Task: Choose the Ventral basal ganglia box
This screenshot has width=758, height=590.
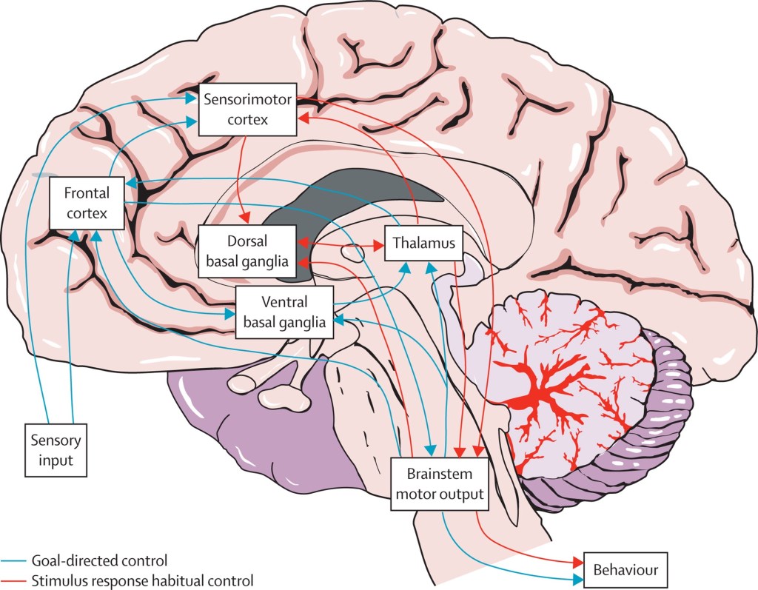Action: [284, 312]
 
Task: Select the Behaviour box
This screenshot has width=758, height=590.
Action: [625, 571]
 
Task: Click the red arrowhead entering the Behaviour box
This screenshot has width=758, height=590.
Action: [577, 564]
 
